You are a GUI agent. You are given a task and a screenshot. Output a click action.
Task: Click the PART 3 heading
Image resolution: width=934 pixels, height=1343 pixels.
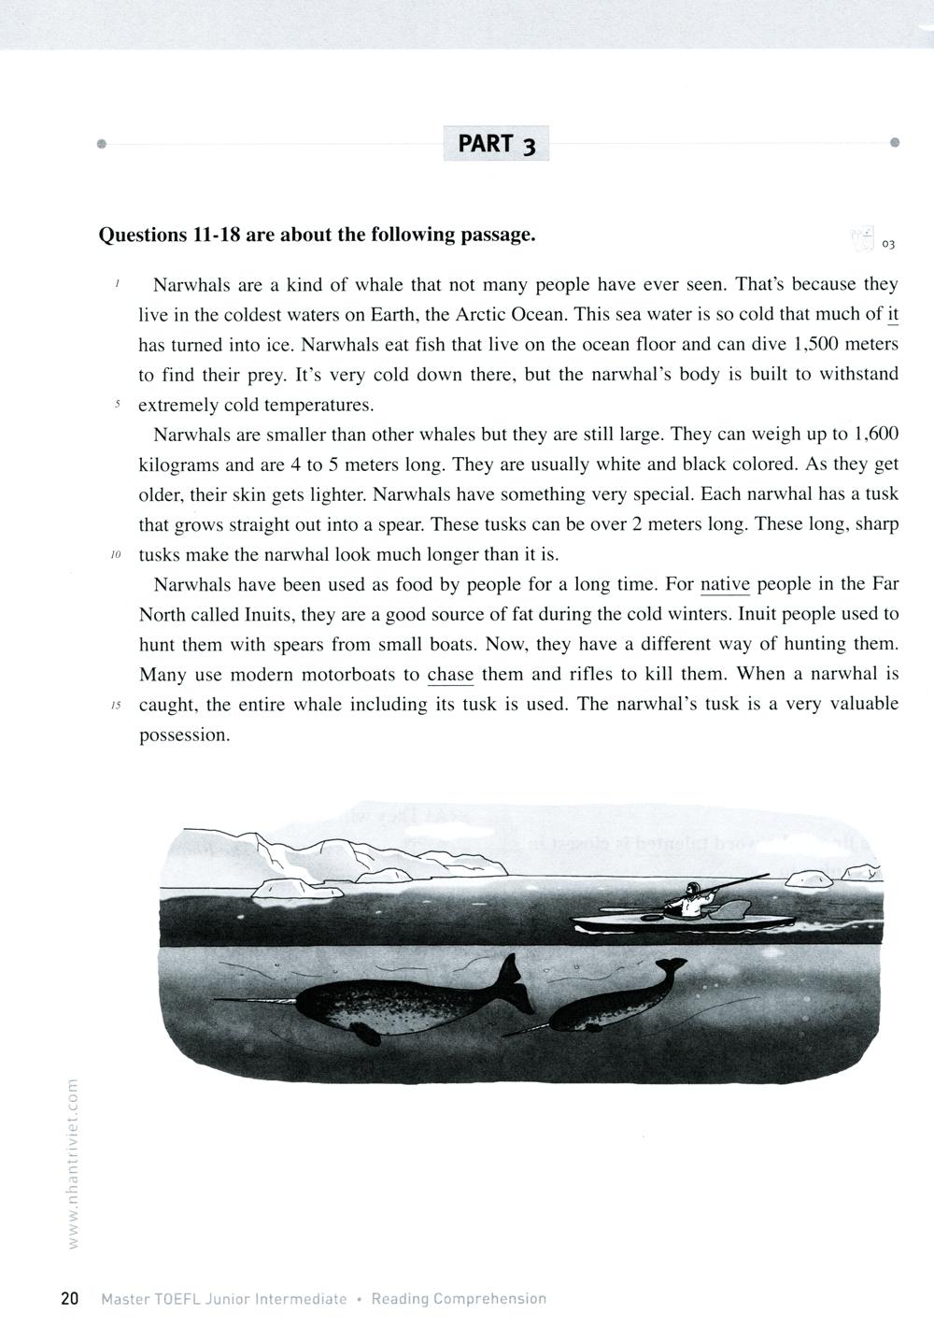point(496,144)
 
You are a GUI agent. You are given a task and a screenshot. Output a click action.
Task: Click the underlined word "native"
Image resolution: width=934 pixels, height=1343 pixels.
point(725,585)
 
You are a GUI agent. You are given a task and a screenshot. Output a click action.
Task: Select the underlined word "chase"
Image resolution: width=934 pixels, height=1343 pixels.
point(450,674)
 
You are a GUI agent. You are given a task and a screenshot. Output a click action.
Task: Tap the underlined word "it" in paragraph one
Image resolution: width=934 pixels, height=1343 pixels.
point(891,314)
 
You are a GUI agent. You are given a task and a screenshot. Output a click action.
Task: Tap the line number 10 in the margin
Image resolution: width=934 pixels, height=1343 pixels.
point(116,555)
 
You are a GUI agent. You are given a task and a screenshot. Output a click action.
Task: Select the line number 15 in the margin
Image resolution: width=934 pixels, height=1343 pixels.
point(116,706)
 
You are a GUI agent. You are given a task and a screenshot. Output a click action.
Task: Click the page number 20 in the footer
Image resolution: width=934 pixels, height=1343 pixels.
point(69,1299)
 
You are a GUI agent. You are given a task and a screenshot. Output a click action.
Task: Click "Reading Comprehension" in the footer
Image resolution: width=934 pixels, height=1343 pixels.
point(459,1299)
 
